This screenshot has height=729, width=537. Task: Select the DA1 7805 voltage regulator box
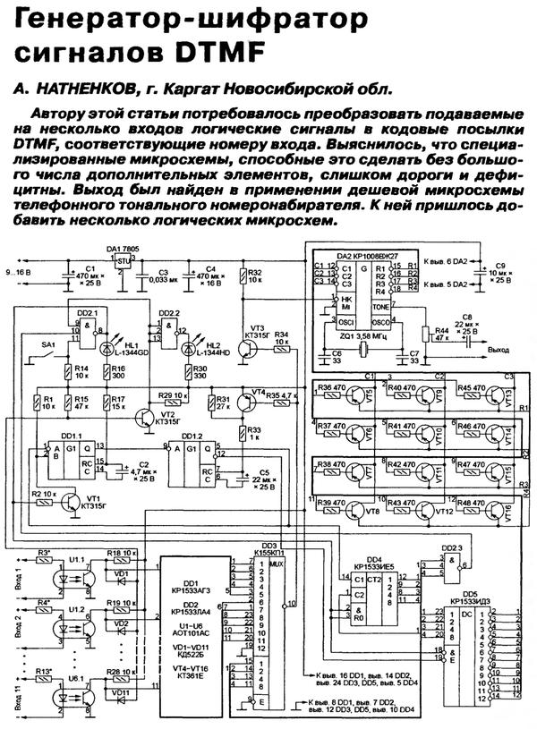122,259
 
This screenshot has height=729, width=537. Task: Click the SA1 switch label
48,343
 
